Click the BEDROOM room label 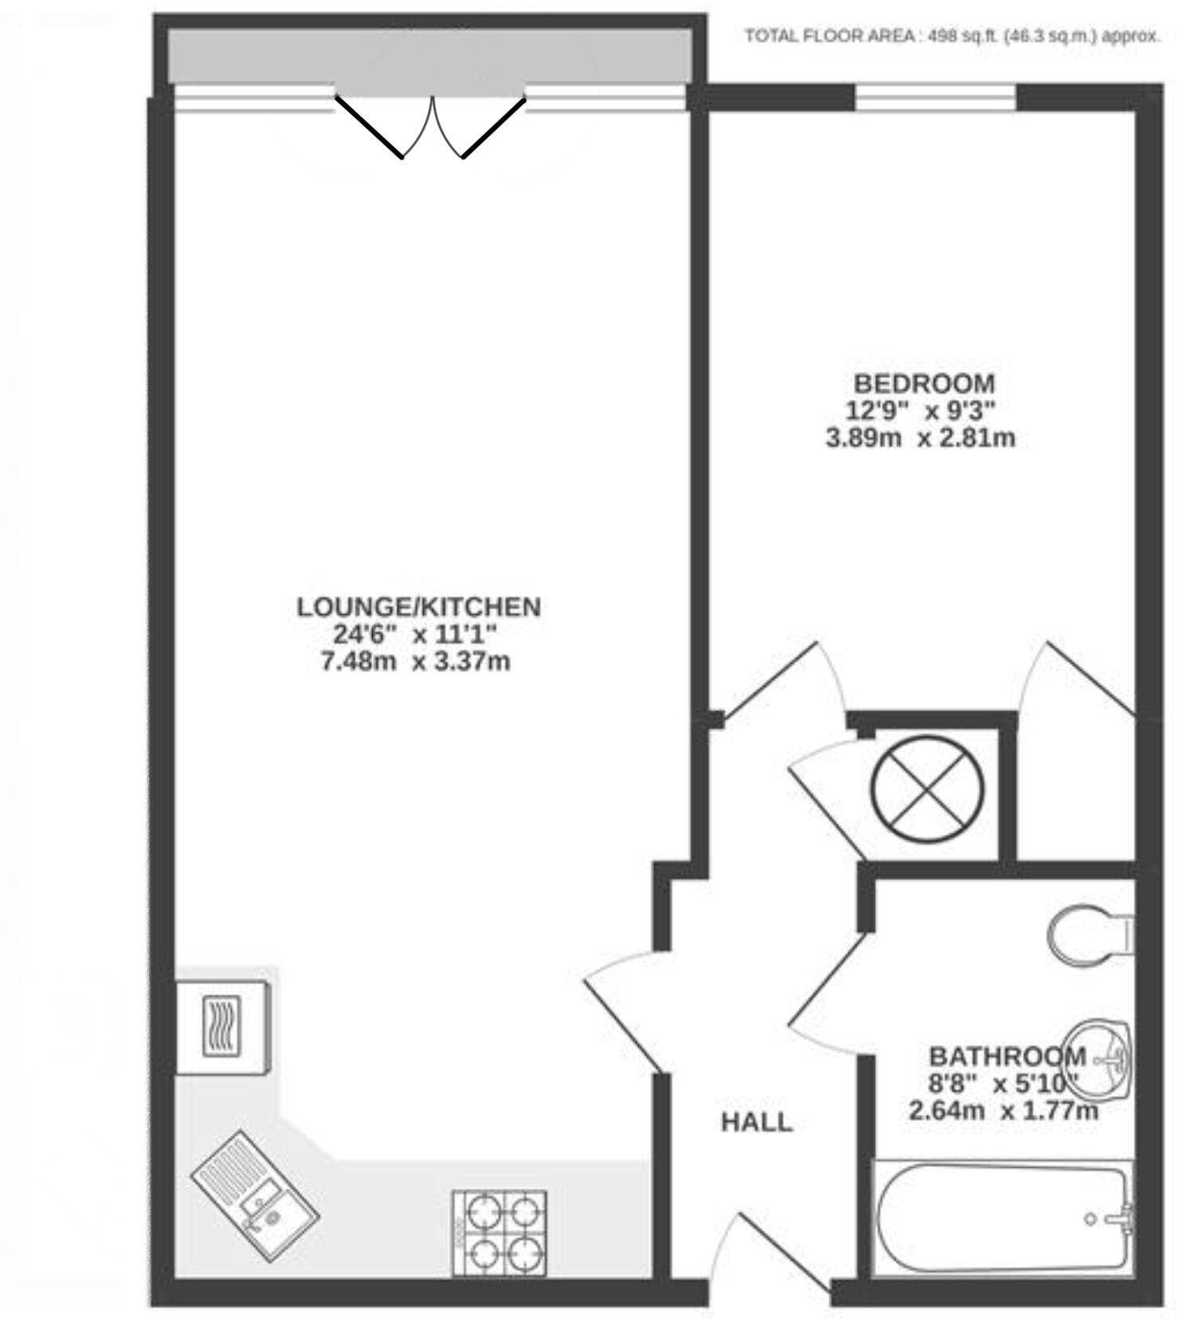924,384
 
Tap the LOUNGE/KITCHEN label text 419,607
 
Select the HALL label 756,1122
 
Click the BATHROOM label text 1007,1057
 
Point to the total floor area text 952,37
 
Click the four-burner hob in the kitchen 499,1232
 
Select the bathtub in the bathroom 1002,1219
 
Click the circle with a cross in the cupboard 926,789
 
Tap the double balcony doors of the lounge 431,127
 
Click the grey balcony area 430,56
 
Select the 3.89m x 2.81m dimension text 920,438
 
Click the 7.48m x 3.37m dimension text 415,661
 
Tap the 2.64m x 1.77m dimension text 1004,1111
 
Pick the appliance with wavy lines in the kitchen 221,1027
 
